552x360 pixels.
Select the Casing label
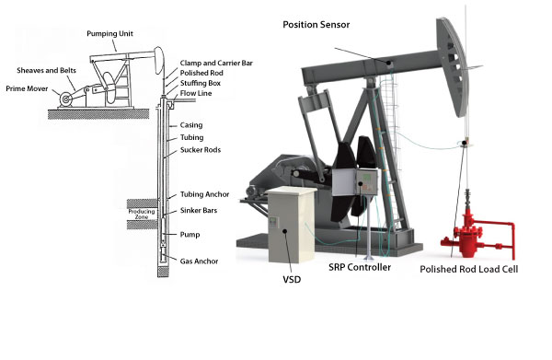(191, 124)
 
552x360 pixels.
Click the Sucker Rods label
(199, 148)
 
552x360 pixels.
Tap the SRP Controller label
(359, 267)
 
